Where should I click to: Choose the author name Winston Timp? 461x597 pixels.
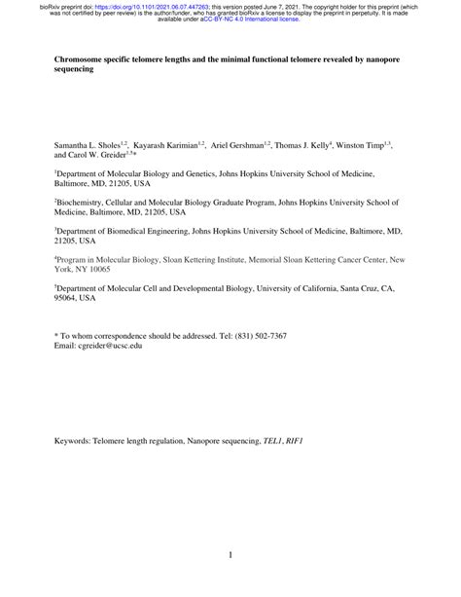366,144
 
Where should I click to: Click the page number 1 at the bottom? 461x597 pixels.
230,555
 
